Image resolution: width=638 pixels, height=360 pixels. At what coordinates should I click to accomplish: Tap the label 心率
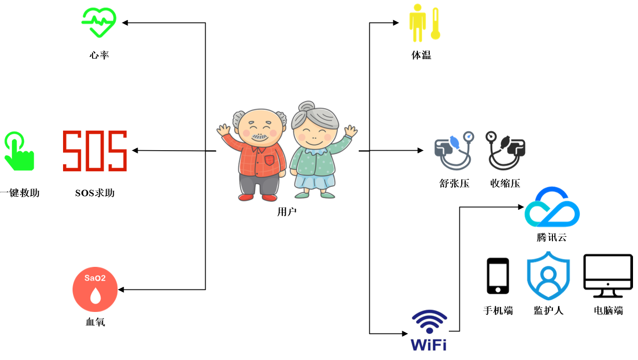point(99,55)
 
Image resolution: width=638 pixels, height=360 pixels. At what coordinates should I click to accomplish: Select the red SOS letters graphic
point(95,151)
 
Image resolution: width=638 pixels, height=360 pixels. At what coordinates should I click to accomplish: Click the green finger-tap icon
point(18,151)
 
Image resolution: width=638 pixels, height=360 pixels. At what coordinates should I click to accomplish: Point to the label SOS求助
point(95,193)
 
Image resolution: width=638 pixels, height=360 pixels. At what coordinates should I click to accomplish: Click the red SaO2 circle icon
point(95,290)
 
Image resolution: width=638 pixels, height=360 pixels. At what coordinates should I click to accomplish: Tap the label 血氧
point(95,322)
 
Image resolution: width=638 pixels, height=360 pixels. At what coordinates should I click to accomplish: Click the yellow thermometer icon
point(435,24)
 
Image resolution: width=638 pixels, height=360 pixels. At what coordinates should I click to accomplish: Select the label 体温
point(421,55)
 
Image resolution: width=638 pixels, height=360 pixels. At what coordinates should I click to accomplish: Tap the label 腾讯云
point(551,237)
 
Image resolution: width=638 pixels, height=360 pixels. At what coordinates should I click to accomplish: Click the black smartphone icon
point(498,276)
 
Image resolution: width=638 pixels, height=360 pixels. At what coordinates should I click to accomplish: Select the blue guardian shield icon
point(548,276)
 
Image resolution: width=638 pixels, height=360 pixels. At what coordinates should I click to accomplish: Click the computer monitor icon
point(608,276)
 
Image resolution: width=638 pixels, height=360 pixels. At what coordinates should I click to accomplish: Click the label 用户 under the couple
point(287,212)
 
